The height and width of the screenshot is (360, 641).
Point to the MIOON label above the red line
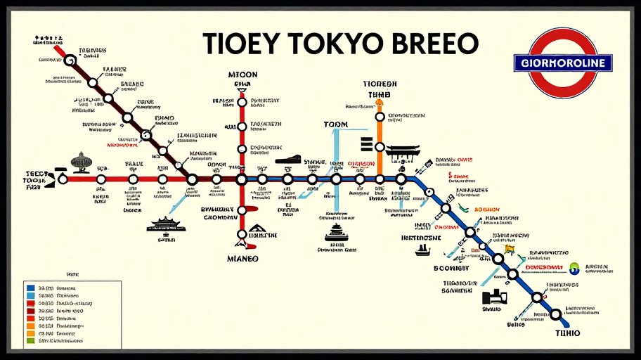242,75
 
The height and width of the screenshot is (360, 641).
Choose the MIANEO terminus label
242,259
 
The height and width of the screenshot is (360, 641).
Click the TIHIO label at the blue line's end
567,333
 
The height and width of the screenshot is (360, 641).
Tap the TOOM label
336,124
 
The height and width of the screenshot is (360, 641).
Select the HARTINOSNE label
421,238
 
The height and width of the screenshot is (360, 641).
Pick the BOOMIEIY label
451,268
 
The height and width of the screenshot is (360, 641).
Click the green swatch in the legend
30,341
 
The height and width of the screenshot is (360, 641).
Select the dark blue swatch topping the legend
30,288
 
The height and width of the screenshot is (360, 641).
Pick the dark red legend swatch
30,310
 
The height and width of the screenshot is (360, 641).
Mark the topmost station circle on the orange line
380,117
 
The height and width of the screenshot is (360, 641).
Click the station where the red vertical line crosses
242,179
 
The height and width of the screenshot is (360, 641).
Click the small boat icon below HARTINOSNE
422,250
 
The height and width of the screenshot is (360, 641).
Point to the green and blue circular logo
575,268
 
